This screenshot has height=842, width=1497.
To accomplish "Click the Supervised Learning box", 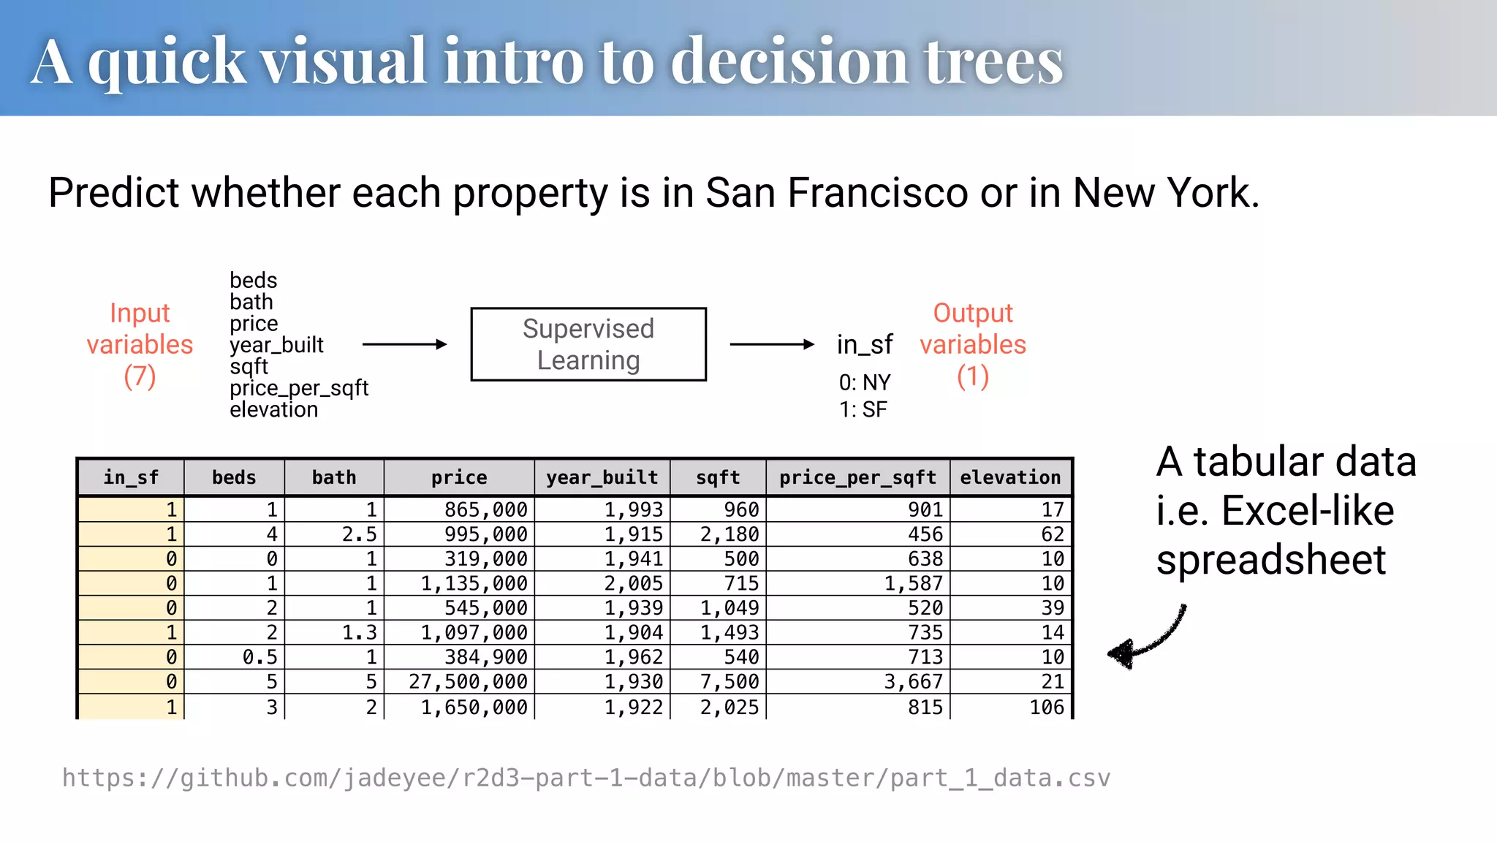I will point(588,344).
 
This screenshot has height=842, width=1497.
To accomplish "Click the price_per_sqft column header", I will point(857,477).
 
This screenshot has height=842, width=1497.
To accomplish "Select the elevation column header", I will point(1010,477).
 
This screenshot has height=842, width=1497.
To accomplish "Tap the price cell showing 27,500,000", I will point(468,681).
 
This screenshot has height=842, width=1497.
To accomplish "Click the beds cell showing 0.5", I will point(259,656).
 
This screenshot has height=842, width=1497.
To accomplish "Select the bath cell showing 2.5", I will point(359,534).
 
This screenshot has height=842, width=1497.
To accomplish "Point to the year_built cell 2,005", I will point(633,583).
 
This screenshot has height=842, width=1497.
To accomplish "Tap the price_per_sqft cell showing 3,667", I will point(913,681).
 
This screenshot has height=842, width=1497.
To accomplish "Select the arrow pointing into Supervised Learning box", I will point(404,344).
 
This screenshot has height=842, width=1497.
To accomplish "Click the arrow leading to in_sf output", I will point(772,344).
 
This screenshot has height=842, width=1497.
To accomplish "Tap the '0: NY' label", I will point(865,382).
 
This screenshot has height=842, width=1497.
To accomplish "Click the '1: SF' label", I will point(863,409).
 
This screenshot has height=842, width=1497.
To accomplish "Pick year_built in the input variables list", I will point(276,345).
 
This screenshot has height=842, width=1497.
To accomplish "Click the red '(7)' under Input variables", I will point(140,376).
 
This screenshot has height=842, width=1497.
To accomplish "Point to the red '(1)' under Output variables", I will point(972,376).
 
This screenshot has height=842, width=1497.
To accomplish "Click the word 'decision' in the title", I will point(789,61).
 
